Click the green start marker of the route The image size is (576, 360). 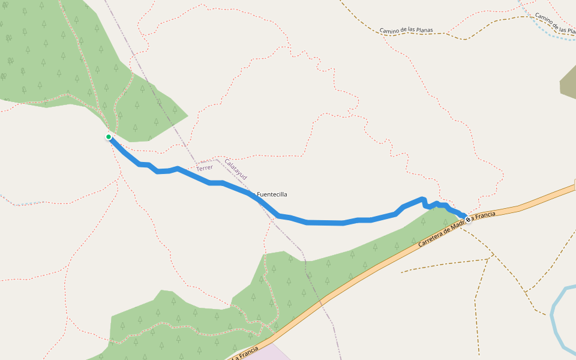coord(109,137)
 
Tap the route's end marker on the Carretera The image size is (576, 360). coord(468,220)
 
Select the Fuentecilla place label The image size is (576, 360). coord(272,194)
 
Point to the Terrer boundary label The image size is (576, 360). coord(205,167)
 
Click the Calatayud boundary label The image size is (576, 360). coord(236,169)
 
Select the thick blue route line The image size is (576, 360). coord(324,223)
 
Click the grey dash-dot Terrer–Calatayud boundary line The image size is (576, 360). coord(162,108)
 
